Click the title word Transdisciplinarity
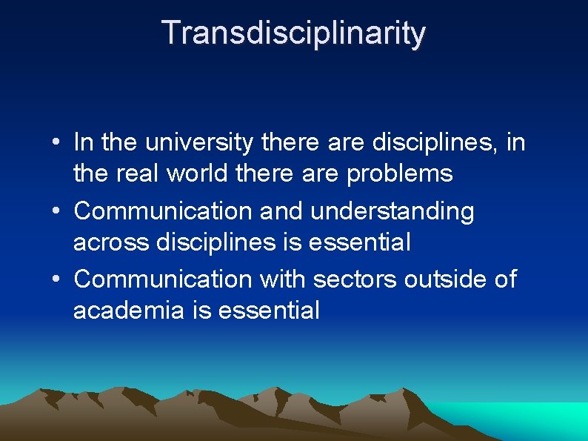coord(293,33)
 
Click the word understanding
coord(392,211)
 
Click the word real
coord(138,174)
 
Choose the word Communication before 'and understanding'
coord(164,210)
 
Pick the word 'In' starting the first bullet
coord(84,142)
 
